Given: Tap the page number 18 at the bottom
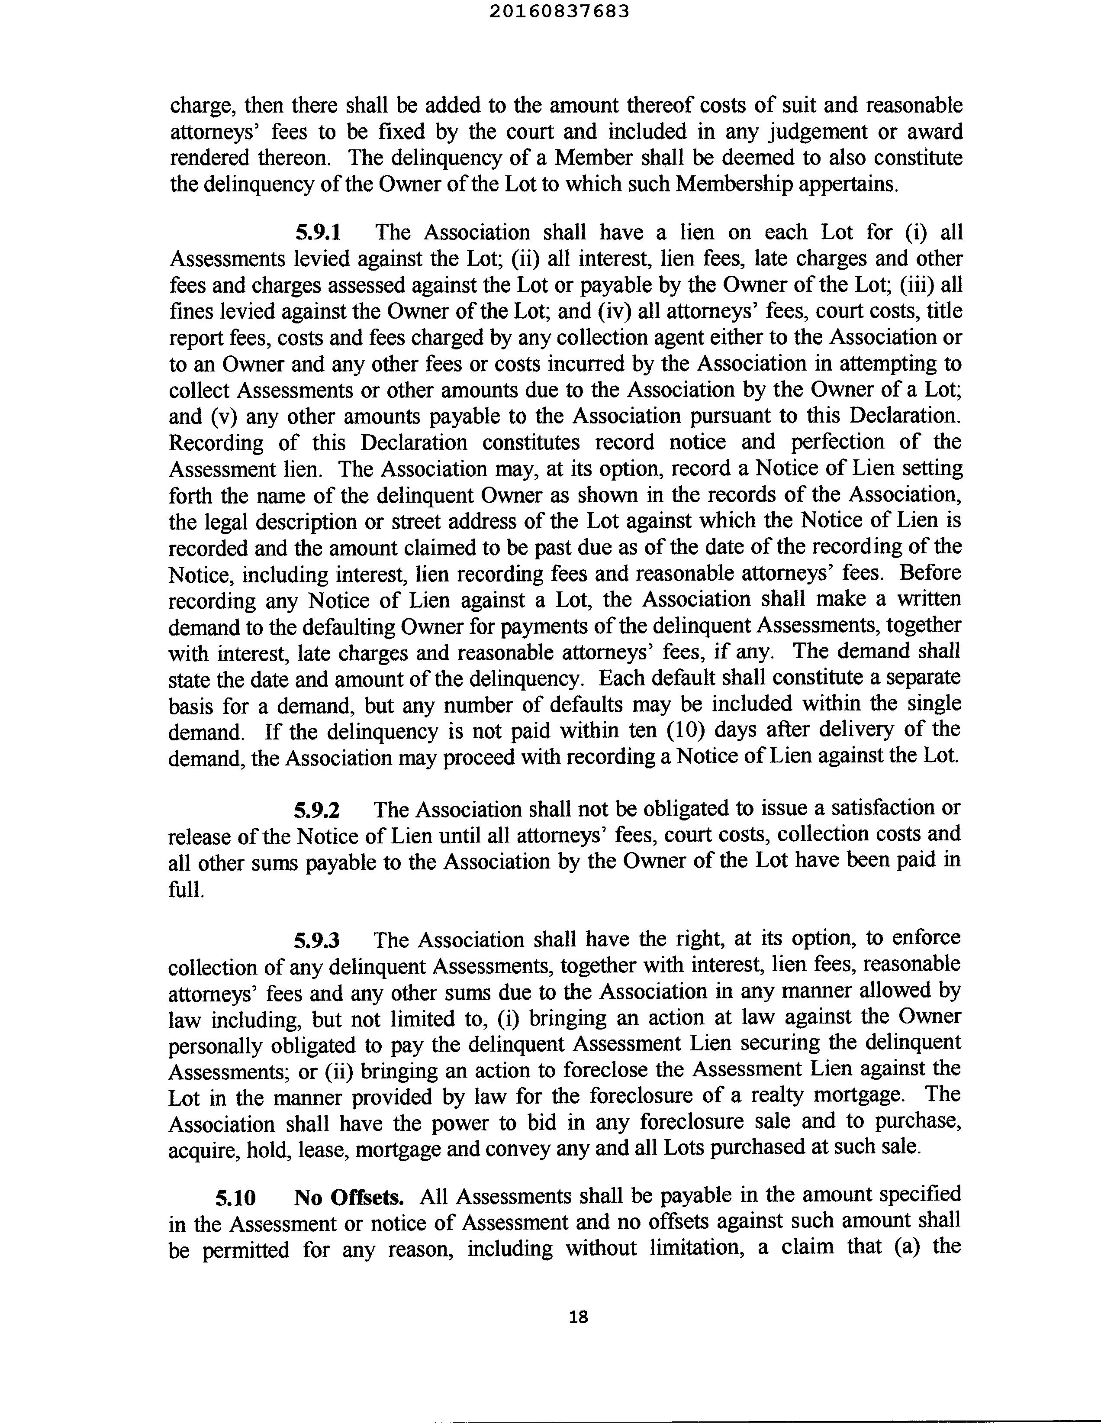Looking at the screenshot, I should pos(578,1317).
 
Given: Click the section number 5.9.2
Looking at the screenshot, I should pos(317,810).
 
